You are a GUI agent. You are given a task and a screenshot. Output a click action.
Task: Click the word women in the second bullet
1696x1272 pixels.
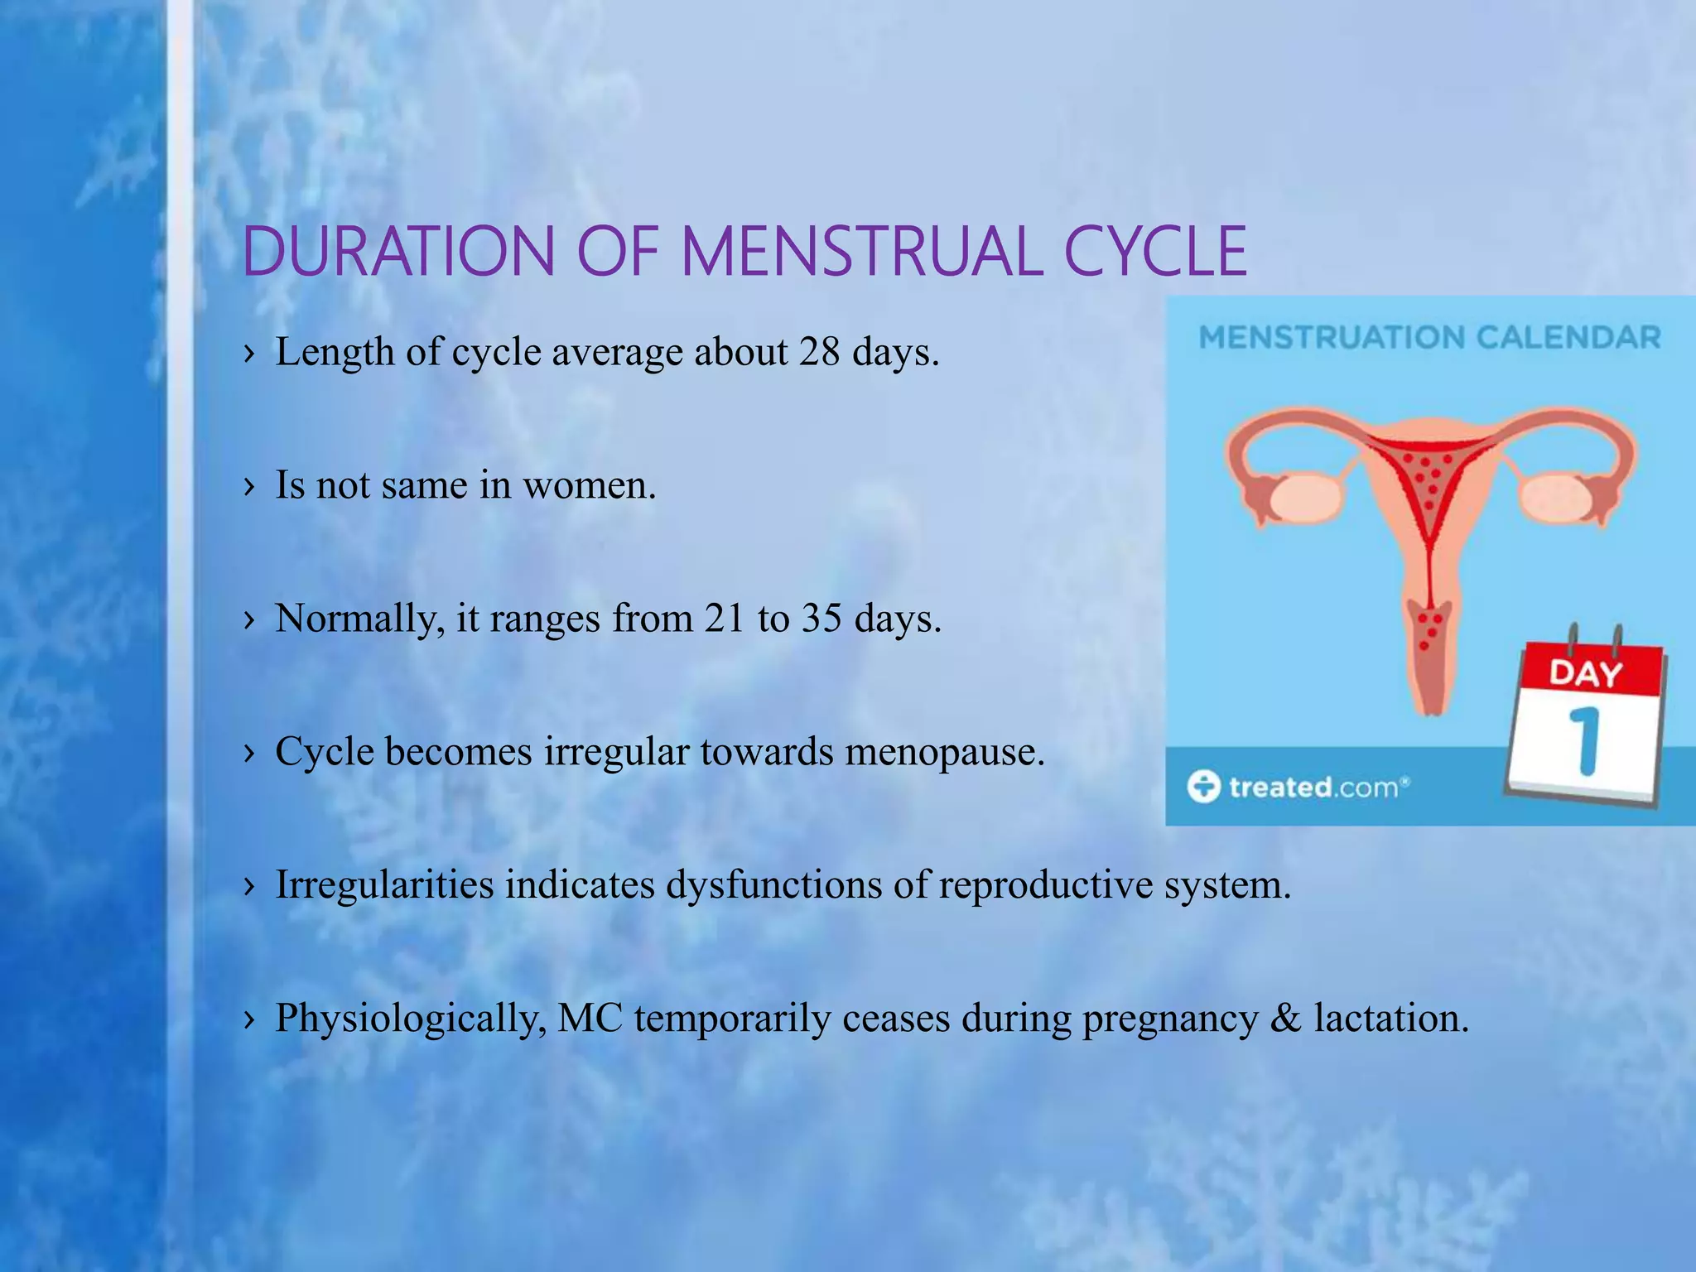pos(589,485)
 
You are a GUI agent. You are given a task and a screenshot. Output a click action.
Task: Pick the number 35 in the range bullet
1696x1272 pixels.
pos(821,619)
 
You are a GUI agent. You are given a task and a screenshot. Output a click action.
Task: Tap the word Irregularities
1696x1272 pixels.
pos(384,884)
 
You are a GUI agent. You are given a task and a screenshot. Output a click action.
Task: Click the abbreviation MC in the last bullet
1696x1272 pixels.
pos(590,1018)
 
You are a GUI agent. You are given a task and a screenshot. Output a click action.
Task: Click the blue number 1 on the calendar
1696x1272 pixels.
pos(1584,740)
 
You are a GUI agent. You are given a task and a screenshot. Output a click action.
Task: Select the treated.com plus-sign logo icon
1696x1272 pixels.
pos(1203,786)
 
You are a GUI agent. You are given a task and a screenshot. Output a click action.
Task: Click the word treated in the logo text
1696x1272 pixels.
pos(1279,787)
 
